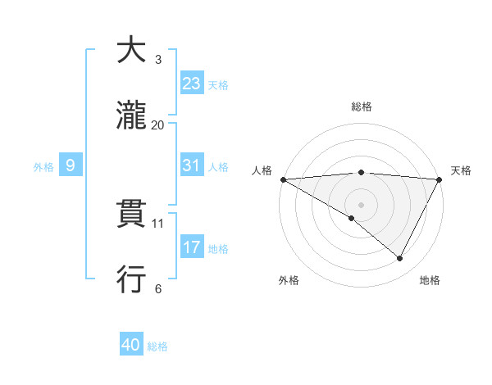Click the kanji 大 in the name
pyautogui.click(x=132, y=52)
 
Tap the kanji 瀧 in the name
pyautogui.click(x=132, y=116)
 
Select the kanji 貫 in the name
pyautogui.click(x=132, y=215)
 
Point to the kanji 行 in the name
pyautogui.click(x=132, y=280)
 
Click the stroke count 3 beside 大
pyautogui.click(x=158, y=60)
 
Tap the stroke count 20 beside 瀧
pyautogui.click(x=158, y=125)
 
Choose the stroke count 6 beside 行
pyautogui.click(x=158, y=288)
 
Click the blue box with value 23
pyautogui.click(x=191, y=84)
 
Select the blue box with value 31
pyautogui.click(x=191, y=165)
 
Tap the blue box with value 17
pyautogui.click(x=191, y=247)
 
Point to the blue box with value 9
pyautogui.click(x=71, y=165)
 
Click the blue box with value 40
pyautogui.click(x=131, y=346)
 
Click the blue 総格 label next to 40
pyautogui.click(x=157, y=346)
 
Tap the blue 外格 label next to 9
pyautogui.click(x=43, y=166)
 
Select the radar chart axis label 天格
pyautogui.click(x=461, y=170)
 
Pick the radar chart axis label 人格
pyautogui.click(x=262, y=170)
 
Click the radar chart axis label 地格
pyautogui.click(x=430, y=280)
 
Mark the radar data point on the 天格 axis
pyautogui.click(x=440, y=179)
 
